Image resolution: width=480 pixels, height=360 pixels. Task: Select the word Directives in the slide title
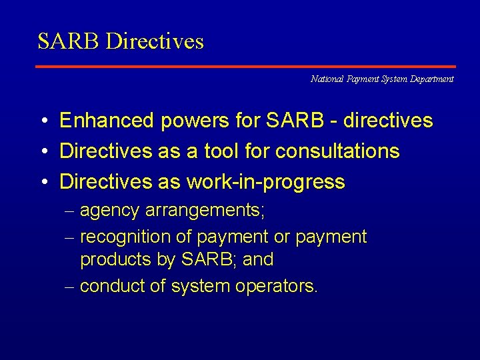tap(155, 42)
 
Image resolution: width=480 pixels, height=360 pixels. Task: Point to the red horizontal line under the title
tap(245, 67)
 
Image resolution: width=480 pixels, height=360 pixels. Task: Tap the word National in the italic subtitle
tap(327, 79)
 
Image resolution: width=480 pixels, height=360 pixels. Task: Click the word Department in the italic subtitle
tap(429, 79)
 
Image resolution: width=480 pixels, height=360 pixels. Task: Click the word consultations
tap(337, 151)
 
